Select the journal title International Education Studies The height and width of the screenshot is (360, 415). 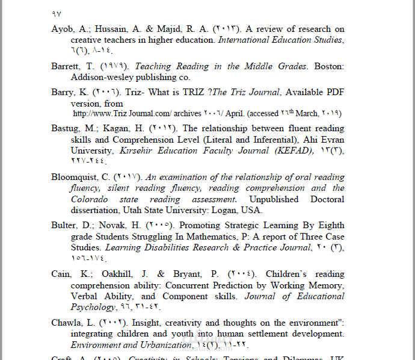tap(280, 40)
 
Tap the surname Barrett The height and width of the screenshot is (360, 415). tap(67, 66)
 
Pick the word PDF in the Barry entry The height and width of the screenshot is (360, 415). tap(332, 93)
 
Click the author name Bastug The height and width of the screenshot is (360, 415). tap(66, 128)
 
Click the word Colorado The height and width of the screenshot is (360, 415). tap(89, 199)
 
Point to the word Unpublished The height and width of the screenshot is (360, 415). tap(274, 199)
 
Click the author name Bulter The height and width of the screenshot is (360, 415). tap(64, 226)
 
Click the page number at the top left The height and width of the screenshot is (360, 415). tap(57, 13)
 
